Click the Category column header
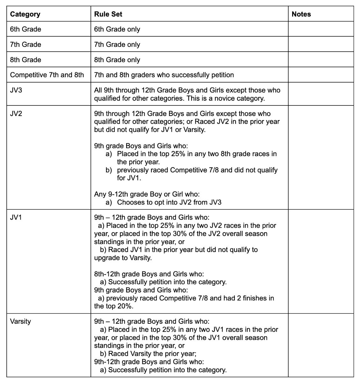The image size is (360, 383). click(25, 14)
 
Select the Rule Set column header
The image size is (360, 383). click(108, 14)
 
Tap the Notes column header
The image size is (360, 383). click(301, 14)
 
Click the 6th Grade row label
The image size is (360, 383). click(25, 29)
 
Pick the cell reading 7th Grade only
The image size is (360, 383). click(117, 45)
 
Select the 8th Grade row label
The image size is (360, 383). click(25, 60)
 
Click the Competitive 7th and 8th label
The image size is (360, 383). click(47, 75)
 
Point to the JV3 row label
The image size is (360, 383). click(16, 90)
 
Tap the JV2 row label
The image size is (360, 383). click(16, 113)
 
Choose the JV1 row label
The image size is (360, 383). click(16, 218)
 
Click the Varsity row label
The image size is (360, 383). click(20, 321)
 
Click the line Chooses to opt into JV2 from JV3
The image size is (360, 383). click(169, 202)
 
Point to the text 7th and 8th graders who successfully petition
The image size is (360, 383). click(164, 75)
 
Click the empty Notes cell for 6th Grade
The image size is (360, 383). click(320, 29)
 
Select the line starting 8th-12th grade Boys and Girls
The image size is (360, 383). click(149, 274)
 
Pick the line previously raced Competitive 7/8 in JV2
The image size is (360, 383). click(197, 170)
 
